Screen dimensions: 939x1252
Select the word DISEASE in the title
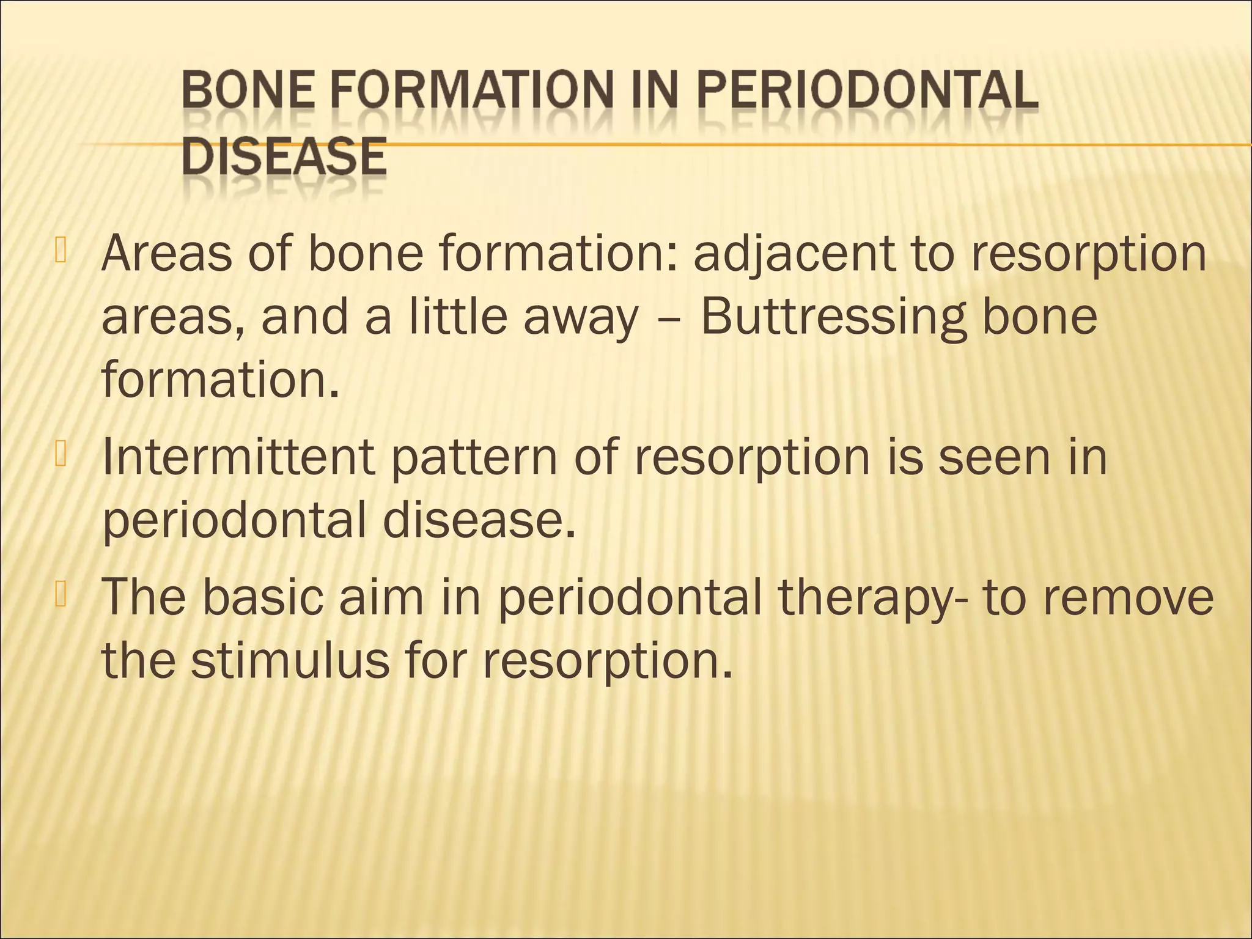tap(284, 158)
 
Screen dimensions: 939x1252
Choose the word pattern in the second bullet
tap(474, 458)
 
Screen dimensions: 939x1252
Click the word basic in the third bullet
tap(263, 597)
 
